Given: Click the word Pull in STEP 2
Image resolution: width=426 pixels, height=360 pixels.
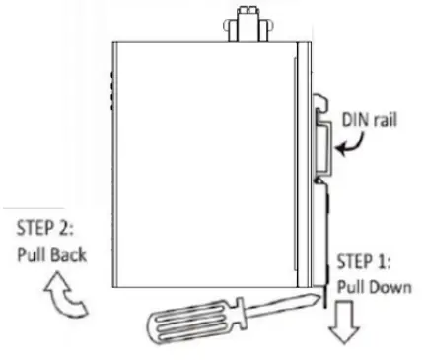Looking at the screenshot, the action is point(32,253).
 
